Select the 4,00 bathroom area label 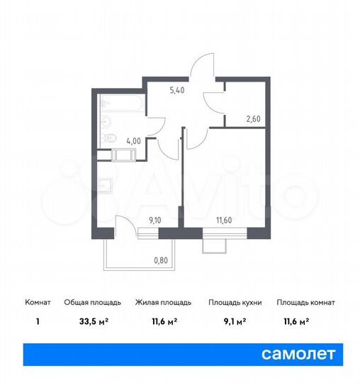click(133, 140)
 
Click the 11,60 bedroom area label click(223, 221)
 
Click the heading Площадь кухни click(235, 302)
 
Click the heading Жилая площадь click(163, 302)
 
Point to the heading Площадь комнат click(305, 302)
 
